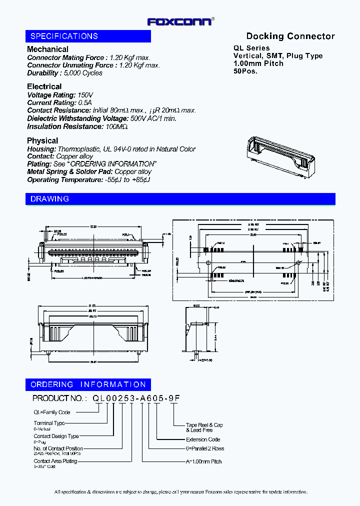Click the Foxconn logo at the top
180,21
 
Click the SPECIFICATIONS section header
64,36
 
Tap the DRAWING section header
49,199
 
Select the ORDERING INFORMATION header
88,384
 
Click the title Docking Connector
290,36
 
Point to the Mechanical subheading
47,49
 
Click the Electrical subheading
44,86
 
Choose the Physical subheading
42,140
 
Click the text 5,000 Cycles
85,73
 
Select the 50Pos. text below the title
245,71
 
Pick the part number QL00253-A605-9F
135,398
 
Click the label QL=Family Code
52,412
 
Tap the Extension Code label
203,439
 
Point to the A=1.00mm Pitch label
203,461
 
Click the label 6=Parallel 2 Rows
205,448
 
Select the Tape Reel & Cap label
204,425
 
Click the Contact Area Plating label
55,461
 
